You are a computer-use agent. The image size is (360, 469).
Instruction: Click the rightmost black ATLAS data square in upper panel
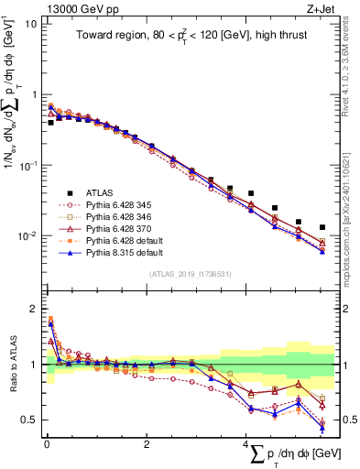pyautogui.click(x=322, y=227)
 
